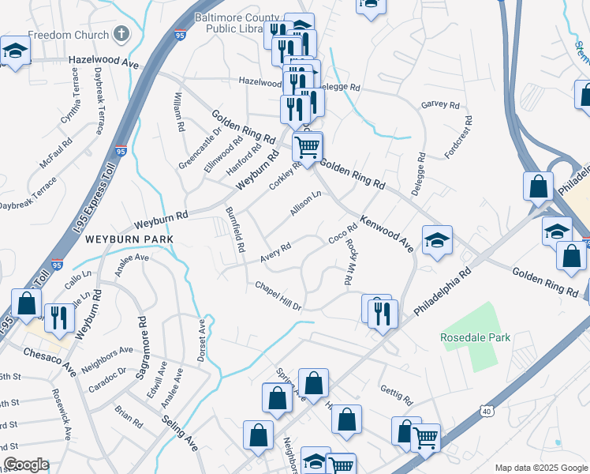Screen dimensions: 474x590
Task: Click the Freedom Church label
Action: coord(69,36)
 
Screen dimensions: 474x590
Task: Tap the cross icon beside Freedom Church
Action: coord(121,35)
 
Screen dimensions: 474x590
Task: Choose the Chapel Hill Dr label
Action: coord(278,295)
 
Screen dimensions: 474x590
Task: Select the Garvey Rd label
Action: coord(440,104)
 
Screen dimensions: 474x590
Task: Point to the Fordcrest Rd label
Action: coord(458,137)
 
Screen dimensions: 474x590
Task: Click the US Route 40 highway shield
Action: coord(486,411)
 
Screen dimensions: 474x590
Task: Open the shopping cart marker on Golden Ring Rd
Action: coord(307,145)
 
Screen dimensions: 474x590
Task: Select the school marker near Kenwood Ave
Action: coord(437,239)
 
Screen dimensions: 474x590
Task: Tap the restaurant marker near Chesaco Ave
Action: coord(60,318)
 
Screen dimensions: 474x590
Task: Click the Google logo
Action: coord(25,465)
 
